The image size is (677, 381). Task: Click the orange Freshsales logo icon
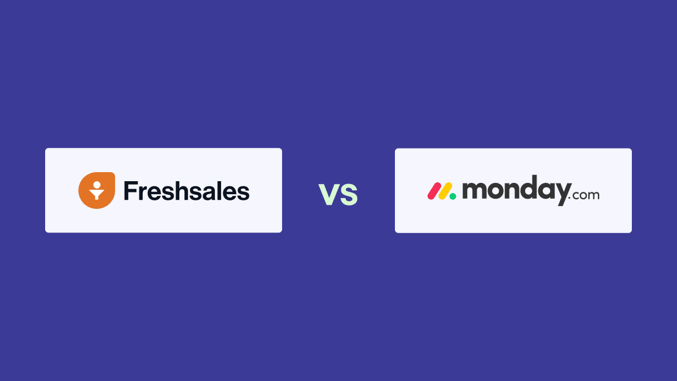[x=96, y=190]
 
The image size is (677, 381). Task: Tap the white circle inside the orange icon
[x=96, y=184]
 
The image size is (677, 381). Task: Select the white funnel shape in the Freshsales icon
[x=96, y=194]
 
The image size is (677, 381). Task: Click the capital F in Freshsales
[x=130, y=191]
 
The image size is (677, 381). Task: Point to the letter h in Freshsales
[x=181, y=191]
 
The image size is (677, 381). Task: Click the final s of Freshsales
[x=243, y=193]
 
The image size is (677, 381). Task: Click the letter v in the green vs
[x=329, y=194]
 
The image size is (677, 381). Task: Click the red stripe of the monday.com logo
[x=433, y=191]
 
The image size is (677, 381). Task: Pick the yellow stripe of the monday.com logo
[x=445, y=191]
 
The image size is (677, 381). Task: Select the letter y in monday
[x=558, y=195]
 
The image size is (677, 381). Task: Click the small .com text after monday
[x=583, y=196]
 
